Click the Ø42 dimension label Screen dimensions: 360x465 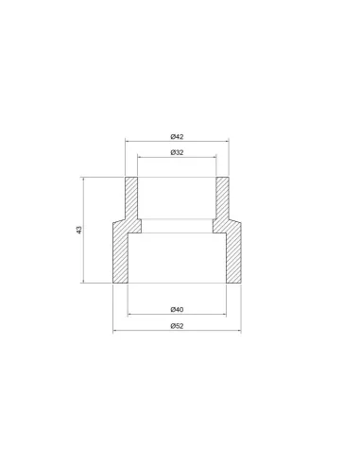tap(177, 137)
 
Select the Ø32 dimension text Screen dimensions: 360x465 tap(177, 152)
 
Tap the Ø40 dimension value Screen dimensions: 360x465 tap(177, 310)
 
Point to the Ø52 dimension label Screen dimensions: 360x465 tap(177, 326)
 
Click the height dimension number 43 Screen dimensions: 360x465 tap(79, 230)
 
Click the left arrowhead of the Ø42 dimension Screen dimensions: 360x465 tap(128, 142)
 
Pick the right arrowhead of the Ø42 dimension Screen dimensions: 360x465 tap(227, 142)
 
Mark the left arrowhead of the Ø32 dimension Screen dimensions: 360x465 tap(140, 157)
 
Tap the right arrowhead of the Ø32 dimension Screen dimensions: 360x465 tap(214, 157)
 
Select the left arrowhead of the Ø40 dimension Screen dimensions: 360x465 tap(129, 314)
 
